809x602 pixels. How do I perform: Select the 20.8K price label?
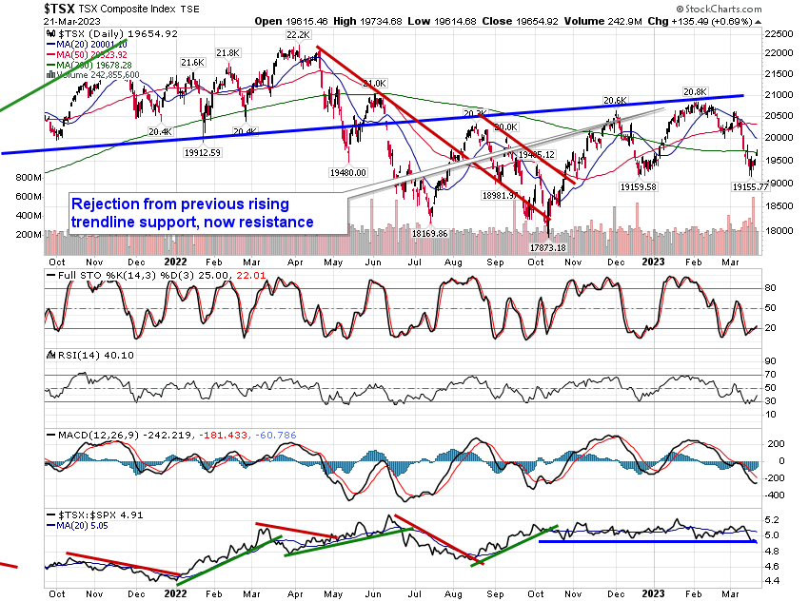coord(695,92)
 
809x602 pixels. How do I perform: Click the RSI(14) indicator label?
coord(70,354)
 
